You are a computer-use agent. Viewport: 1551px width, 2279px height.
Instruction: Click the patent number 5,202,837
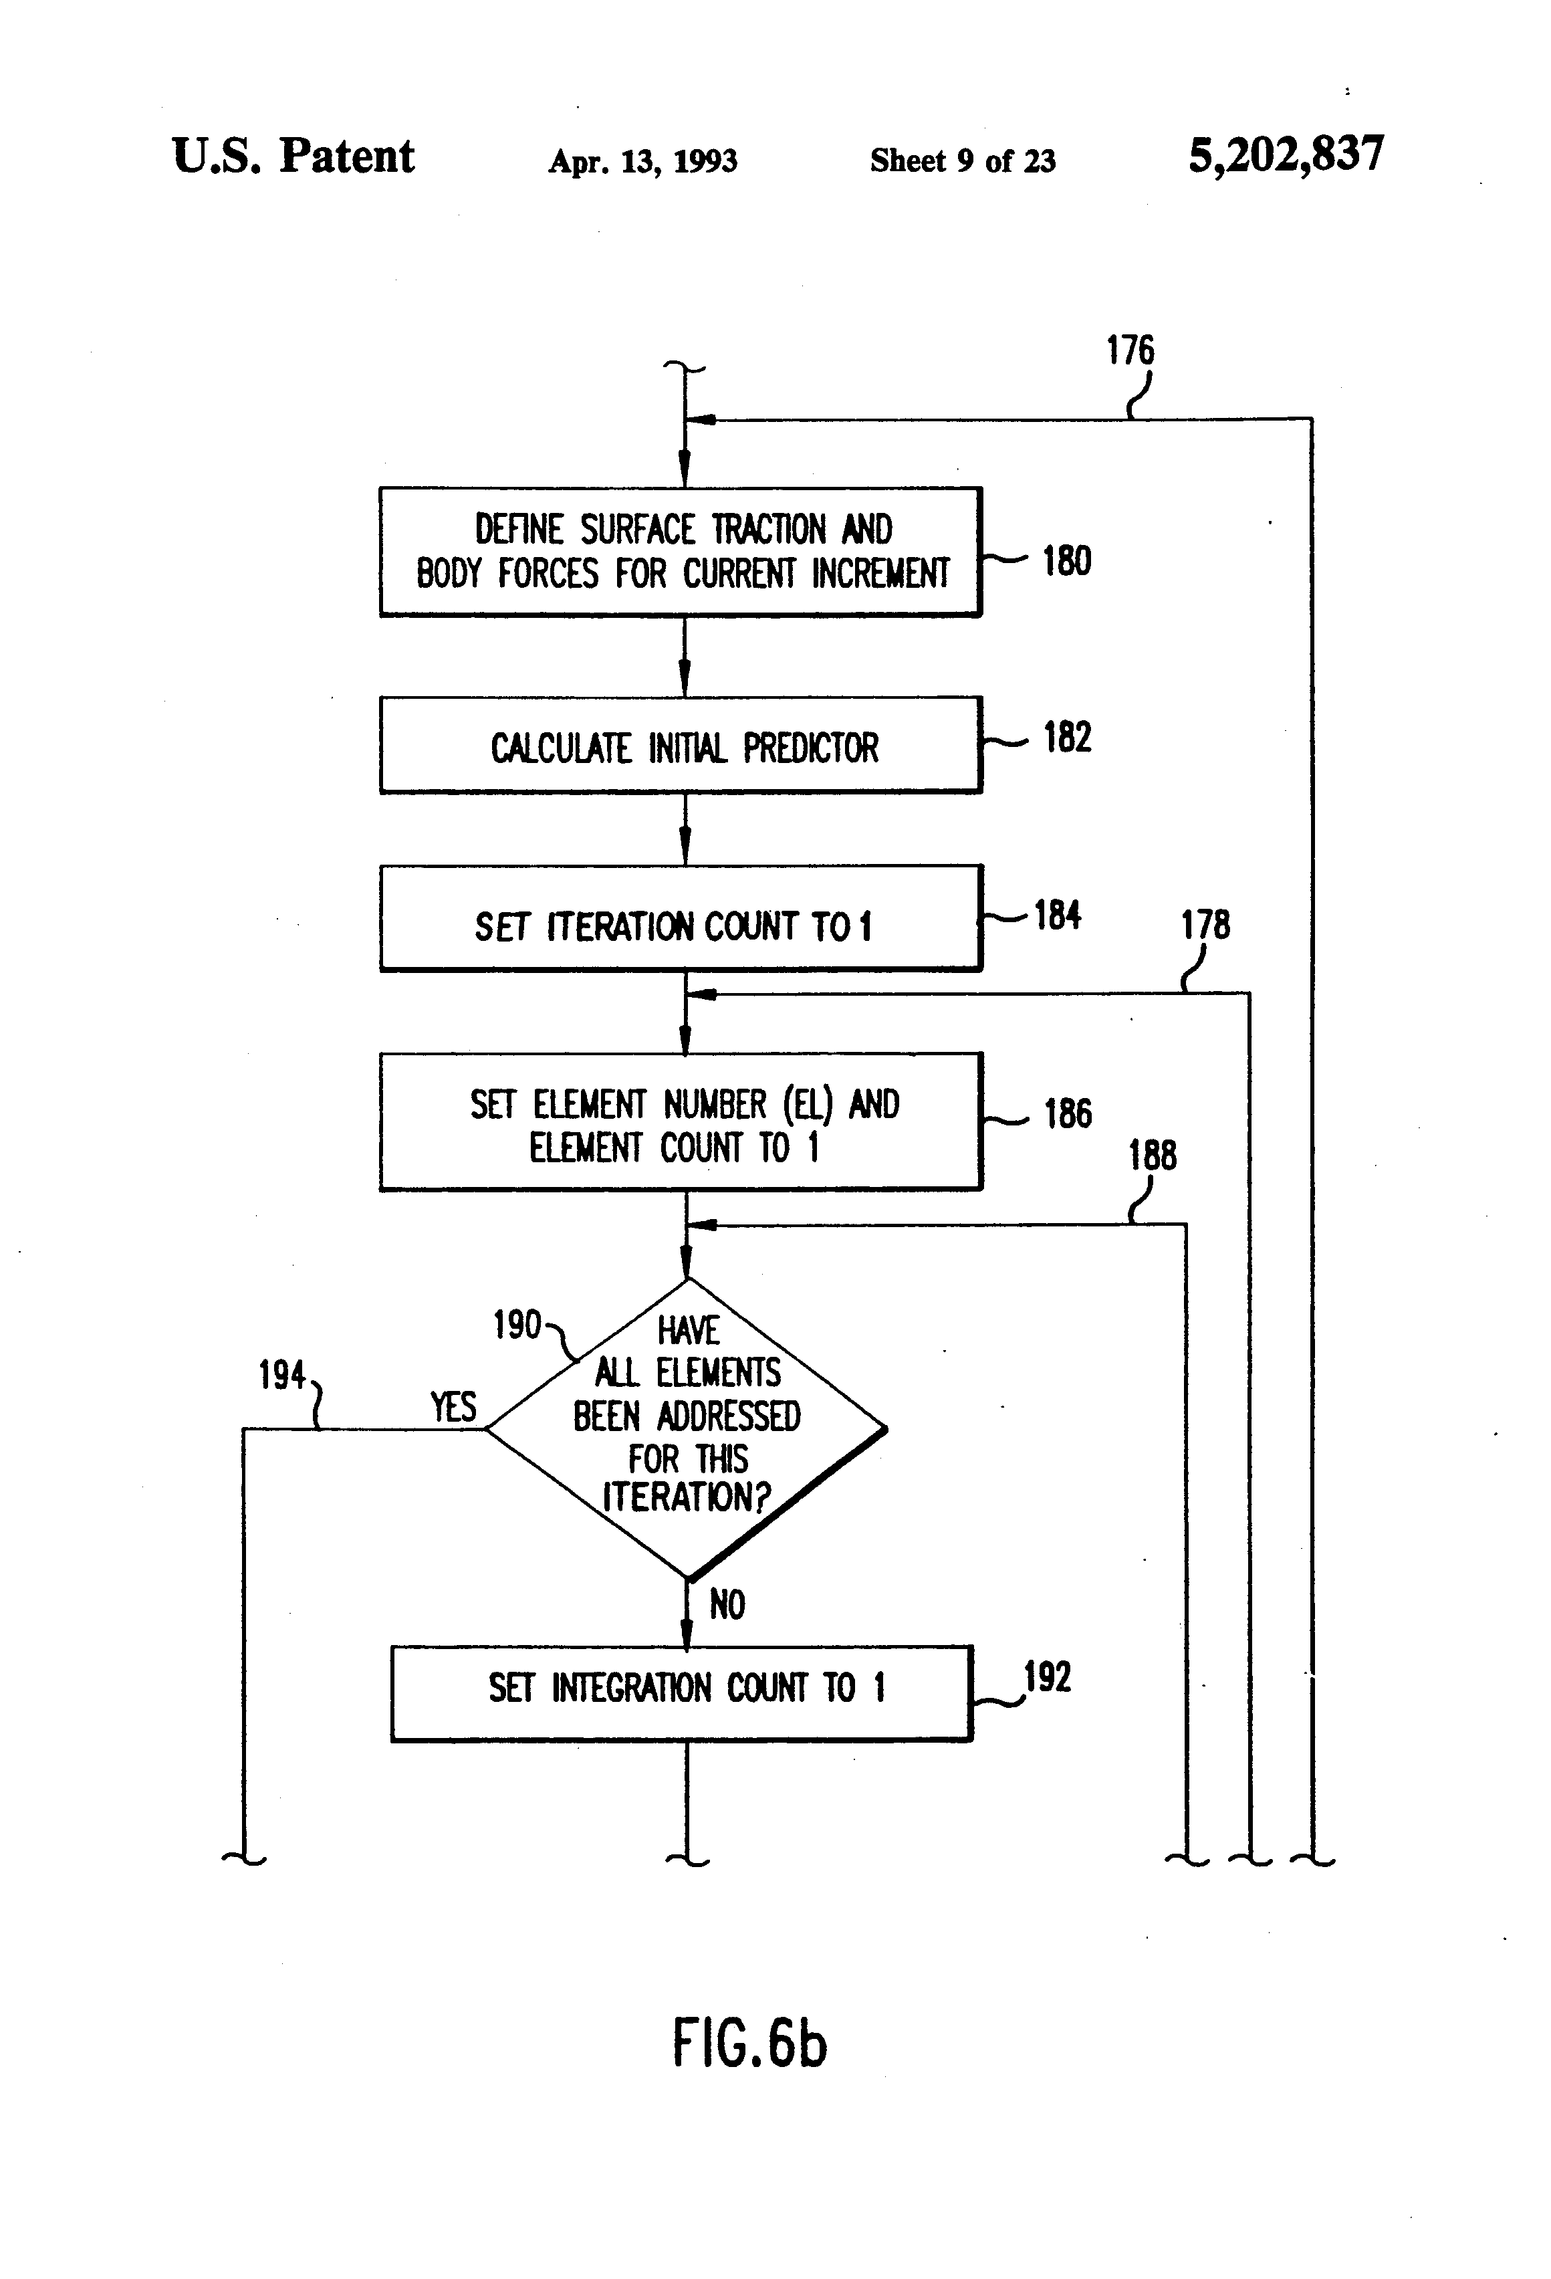(x=1286, y=156)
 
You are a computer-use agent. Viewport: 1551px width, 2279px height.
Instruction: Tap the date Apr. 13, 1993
(x=642, y=160)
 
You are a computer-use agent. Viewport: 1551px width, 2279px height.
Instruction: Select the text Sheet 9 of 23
(x=962, y=160)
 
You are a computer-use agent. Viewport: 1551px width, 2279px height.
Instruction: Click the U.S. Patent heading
(x=293, y=157)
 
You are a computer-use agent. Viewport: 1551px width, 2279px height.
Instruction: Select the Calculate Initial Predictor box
(x=681, y=745)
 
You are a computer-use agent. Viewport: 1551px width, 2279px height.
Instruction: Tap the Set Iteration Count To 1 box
(x=681, y=919)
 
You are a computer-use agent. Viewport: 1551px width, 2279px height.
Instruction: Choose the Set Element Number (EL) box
(x=681, y=1123)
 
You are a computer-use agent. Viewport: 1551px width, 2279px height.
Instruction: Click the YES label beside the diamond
(x=453, y=1407)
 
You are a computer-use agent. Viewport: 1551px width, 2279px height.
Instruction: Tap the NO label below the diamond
(x=727, y=1606)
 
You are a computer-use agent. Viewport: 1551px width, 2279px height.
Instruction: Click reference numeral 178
(x=1204, y=925)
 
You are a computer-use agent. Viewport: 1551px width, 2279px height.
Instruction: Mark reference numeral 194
(x=281, y=1376)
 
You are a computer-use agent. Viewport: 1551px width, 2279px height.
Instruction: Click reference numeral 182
(x=1067, y=738)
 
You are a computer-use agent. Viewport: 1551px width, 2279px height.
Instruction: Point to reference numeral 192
(x=1047, y=1677)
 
